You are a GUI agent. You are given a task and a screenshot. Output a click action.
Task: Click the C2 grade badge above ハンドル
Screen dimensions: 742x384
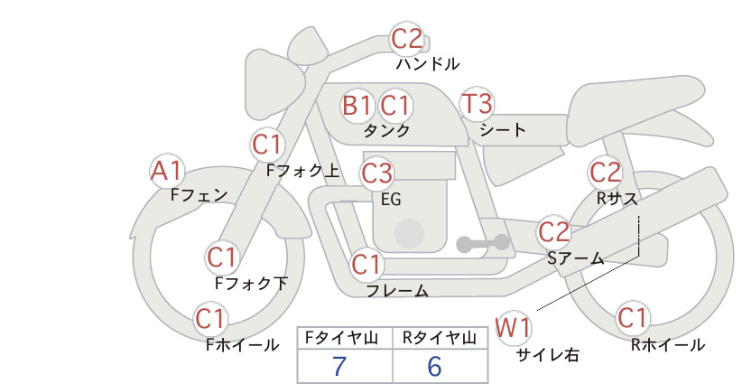(406, 39)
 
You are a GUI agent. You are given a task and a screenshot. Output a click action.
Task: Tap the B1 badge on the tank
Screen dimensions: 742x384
(357, 105)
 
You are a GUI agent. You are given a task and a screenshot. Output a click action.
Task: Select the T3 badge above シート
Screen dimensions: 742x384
(477, 104)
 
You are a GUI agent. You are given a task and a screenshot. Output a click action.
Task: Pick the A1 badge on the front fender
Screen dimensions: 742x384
(167, 171)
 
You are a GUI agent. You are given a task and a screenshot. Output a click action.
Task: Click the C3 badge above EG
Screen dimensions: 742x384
(376, 173)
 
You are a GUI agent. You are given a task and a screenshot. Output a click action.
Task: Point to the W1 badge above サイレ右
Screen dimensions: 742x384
(513, 327)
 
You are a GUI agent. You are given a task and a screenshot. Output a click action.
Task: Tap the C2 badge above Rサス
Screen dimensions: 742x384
(605, 173)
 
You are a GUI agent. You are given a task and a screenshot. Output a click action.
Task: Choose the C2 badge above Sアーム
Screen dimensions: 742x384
(554, 232)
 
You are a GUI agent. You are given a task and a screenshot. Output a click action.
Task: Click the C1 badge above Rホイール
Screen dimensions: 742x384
(632, 318)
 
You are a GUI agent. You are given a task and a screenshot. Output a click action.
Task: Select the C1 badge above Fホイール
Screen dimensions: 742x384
(210, 319)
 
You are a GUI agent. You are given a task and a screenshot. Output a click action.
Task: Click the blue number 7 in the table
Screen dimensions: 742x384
(339, 366)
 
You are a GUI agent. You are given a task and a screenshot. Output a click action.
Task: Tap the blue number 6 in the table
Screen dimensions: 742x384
(434, 366)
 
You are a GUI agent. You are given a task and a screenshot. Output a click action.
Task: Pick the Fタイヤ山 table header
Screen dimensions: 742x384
(341, 338)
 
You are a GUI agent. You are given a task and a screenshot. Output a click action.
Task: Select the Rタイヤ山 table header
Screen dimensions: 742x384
(439, 338)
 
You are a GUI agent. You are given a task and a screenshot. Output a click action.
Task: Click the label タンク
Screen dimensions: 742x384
(386, 131)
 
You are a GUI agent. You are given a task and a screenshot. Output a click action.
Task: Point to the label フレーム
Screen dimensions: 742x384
(397, 290)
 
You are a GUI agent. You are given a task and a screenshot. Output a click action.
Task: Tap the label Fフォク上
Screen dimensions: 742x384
(303, 171)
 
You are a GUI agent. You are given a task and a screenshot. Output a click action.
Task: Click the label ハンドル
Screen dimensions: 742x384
(427, 63)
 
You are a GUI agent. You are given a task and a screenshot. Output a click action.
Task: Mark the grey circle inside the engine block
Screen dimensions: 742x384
(409, 233)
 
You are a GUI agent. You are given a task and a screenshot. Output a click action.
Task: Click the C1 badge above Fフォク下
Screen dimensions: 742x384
(222, 258)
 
